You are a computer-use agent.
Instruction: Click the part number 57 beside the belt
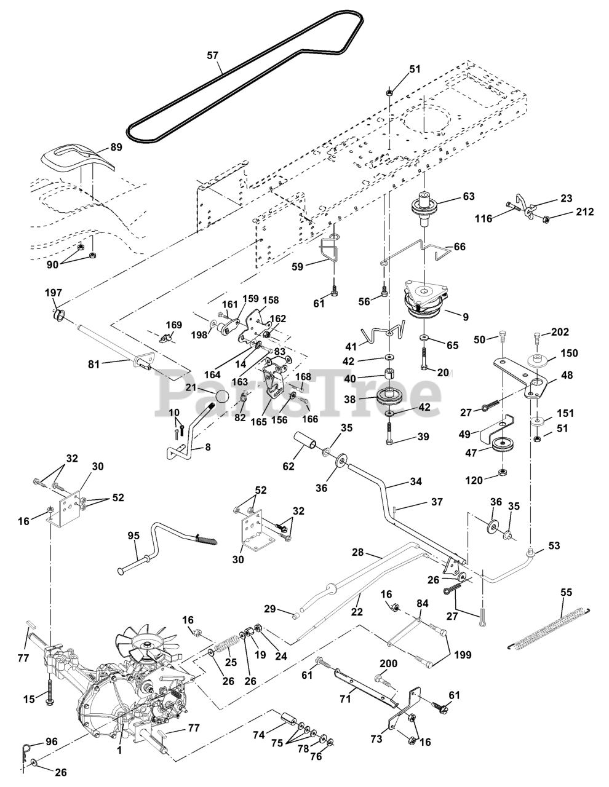[212, 55]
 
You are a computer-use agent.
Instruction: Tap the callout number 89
[116, 148]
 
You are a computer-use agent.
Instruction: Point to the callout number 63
[469, 197]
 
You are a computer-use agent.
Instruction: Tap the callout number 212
[584, 212]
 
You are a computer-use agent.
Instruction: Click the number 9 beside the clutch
[465, 317]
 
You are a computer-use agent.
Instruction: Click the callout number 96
[52, 742]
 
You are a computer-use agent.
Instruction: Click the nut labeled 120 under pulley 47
[502, 472]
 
